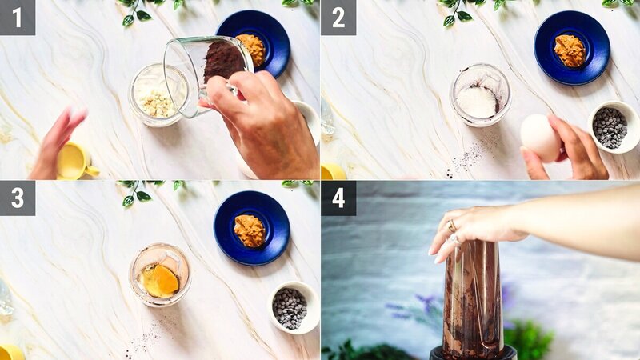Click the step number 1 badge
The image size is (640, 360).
tap(18, 17)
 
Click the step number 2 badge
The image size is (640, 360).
tap(338, 17)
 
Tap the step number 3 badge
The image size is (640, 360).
tap(18, 198)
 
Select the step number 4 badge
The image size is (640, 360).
tap(338, 198)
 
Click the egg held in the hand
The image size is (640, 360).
tap(540, 137)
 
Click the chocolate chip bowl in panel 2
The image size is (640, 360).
tap(613, 126)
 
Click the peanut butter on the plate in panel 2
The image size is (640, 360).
tap(570, 50)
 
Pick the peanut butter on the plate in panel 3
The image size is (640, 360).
tap(249, 230)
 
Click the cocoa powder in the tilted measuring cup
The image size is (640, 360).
tap(222, 61)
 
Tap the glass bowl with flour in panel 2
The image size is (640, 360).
tap(480, 95)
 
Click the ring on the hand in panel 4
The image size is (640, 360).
tap(452, 227)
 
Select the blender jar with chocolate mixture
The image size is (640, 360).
tap(472, 296)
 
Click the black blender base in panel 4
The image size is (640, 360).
tap(472, 353)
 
